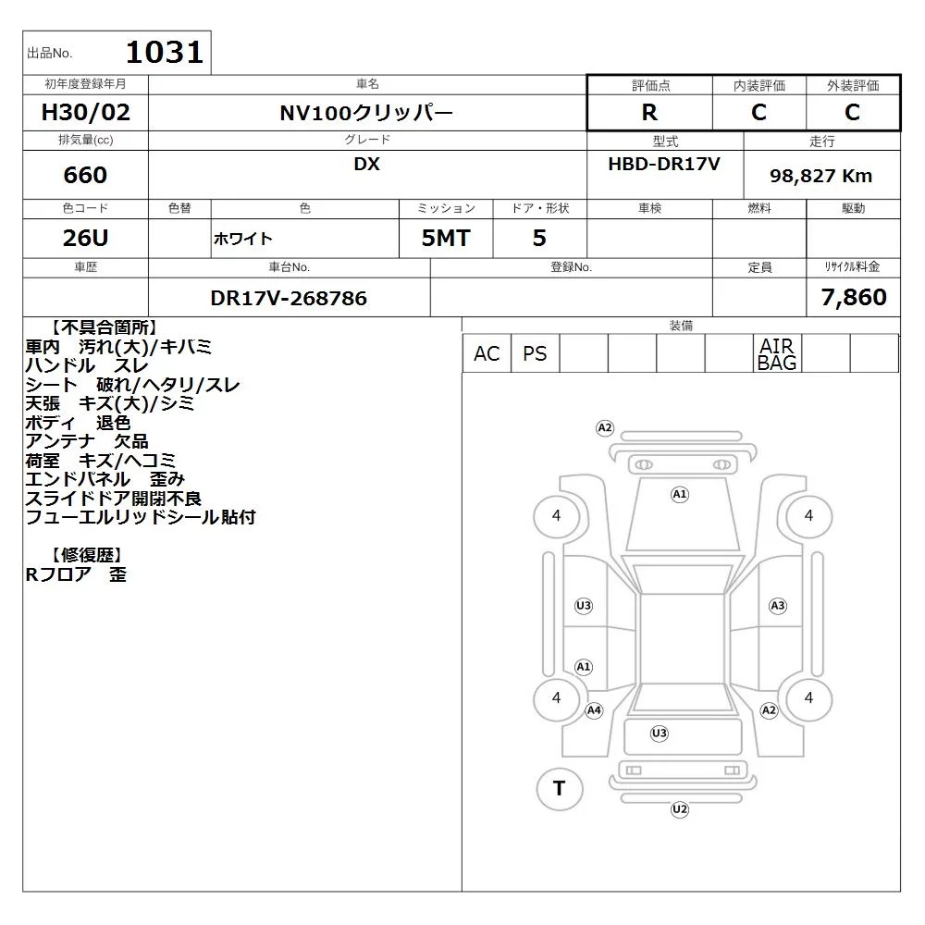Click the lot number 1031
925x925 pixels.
pos(165,52)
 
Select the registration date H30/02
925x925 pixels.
pos(85,112)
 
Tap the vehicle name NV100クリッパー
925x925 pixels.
pos(366,113)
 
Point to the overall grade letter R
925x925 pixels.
pos(649,112)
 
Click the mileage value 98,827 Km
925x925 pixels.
pos(820,176)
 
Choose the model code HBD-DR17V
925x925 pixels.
pos(664,164)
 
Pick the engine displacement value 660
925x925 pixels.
pos(85,175)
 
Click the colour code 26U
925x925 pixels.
pos(85,238)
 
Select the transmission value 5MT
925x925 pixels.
pos(446,238)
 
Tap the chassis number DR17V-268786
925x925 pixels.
pos(289,298)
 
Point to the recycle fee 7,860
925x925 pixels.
pos(854,297)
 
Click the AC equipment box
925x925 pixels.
pos(487,353)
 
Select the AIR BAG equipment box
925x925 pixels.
pos(777,353)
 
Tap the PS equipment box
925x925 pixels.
pos(535,353)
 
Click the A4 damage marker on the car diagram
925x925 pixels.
pos(594,710)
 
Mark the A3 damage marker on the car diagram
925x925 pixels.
pos(778,606)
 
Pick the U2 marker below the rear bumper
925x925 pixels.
pos(680,809)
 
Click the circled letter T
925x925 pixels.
pos(560,788)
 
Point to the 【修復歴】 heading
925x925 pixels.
pos(87,555)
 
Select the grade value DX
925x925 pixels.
pos(366,164)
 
